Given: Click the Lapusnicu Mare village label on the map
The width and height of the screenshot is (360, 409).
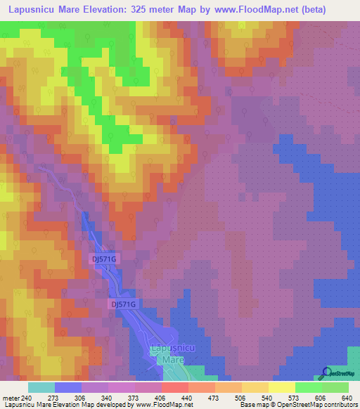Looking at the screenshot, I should (168, 353).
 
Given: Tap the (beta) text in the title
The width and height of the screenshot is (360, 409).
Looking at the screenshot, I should (335, 10).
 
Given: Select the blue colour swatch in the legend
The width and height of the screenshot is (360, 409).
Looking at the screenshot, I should (67, 387).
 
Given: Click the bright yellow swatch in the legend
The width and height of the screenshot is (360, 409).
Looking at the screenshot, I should (281, 387).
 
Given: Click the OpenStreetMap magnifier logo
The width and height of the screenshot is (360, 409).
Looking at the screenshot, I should (325, 373).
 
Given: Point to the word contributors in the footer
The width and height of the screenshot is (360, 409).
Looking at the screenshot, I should (337, 405).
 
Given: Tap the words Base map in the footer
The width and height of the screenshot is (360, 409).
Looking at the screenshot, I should (252, 405).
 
